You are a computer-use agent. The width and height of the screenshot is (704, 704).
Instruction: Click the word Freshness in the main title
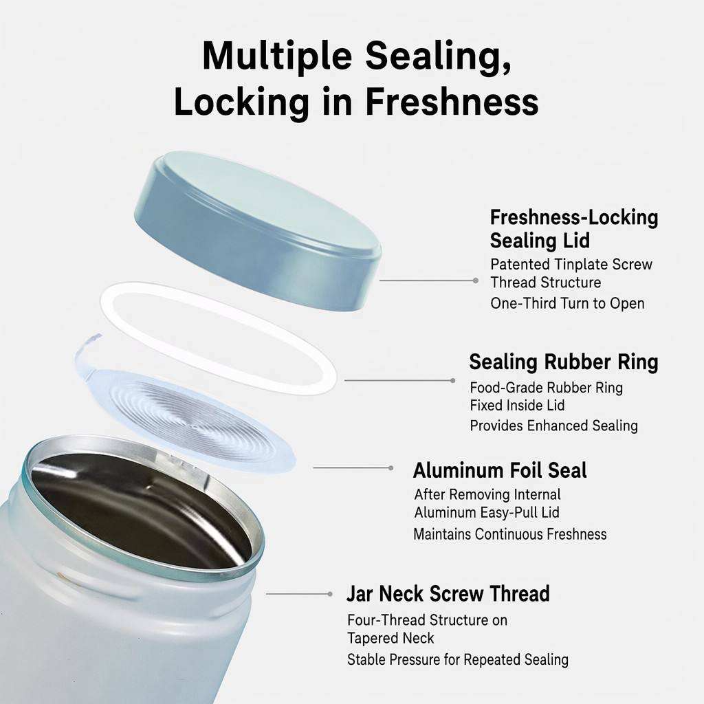(452, 102)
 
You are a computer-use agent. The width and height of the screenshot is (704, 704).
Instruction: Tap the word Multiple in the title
(277, 56)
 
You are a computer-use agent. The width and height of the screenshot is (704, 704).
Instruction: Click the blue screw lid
(258, 230)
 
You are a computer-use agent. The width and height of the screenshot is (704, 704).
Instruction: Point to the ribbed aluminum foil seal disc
(188, 417)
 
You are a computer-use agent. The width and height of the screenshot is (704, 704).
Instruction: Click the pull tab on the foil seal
(89, 350)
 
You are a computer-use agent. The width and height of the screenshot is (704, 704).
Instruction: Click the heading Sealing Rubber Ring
(564, 362)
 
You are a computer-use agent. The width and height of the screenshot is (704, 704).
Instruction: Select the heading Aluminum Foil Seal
(500, 470)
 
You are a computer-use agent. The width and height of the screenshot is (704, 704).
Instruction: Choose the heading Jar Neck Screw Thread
(448, 593)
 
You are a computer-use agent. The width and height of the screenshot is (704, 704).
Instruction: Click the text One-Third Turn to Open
(567, 303)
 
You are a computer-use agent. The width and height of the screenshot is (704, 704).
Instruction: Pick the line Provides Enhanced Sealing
(553, 426)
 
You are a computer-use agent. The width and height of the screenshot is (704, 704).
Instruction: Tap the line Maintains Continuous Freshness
(510, 534)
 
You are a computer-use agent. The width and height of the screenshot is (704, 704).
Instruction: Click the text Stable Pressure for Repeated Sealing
(457, 659)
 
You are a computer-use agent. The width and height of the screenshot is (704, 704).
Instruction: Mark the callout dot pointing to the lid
(476, 280)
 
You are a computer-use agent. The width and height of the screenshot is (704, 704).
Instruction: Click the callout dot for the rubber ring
(452, 381)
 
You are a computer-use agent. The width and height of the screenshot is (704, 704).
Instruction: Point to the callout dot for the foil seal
(391, 467)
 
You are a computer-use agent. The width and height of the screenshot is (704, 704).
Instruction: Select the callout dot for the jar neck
(330, 594)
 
